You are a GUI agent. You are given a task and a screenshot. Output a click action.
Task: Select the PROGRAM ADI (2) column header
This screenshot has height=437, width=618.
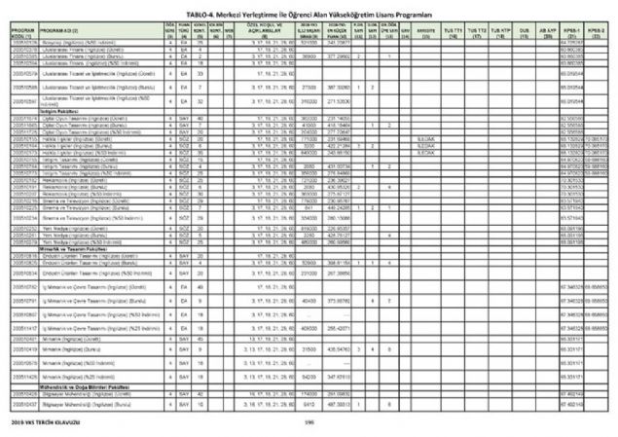pyautogui.click(x=60, y=32)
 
